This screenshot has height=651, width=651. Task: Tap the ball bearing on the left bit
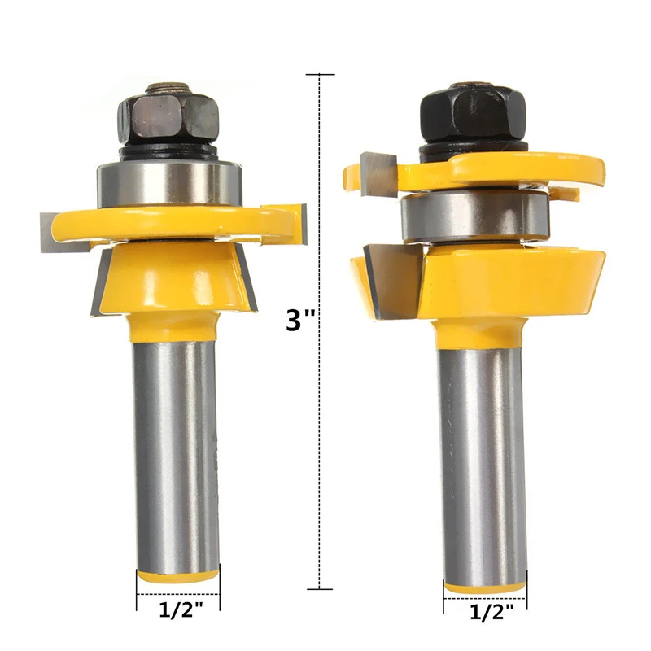[169, 181]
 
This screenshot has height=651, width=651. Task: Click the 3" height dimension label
[300, 320]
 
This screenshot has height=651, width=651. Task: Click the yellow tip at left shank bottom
[177, 575]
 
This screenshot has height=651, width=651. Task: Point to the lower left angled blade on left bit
[103, 285]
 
